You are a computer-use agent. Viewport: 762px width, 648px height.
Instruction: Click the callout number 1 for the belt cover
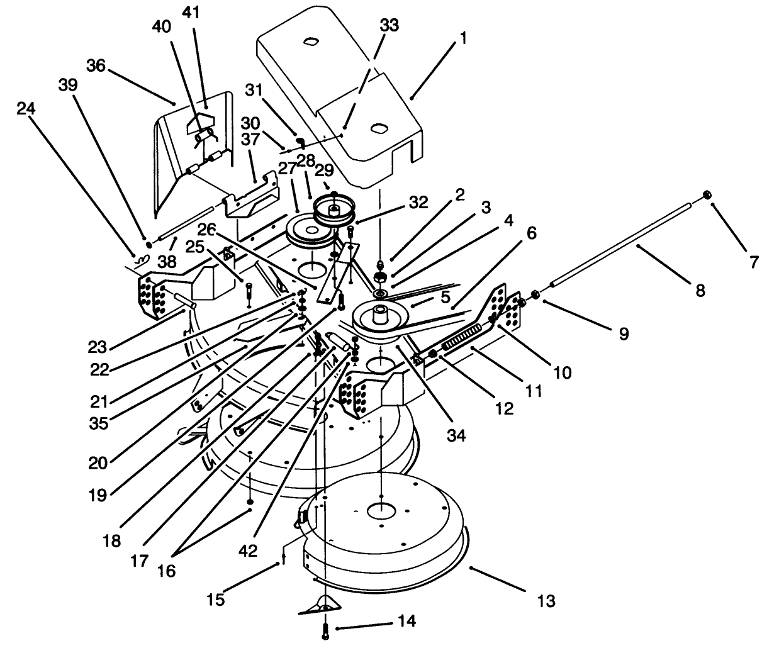point(464,39)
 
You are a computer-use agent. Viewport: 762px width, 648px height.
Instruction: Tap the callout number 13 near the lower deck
point(546,601)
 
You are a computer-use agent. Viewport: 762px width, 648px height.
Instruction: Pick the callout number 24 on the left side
point(27,109)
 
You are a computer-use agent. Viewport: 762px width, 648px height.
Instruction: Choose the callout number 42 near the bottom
point(249,551)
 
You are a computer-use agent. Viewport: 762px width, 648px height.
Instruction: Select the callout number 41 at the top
point(191,13)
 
